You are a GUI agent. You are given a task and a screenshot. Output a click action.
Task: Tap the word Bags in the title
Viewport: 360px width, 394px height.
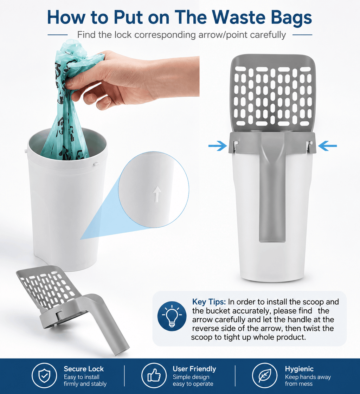(291, 18)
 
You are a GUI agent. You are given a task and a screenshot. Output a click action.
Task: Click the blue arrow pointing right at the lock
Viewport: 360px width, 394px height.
(218, 146)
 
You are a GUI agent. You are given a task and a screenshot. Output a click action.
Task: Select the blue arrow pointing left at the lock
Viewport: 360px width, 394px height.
(327, 146)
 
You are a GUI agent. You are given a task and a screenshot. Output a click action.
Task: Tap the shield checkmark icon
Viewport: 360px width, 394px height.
(44, 375)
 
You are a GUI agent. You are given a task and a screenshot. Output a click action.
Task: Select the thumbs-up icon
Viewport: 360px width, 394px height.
(154, 375)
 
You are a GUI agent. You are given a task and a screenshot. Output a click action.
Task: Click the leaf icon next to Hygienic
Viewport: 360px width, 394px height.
(265, 375)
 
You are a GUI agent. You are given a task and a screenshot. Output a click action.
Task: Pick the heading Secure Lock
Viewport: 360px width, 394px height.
(84, 369)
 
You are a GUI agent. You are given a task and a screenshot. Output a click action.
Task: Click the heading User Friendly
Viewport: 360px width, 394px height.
(194, 369)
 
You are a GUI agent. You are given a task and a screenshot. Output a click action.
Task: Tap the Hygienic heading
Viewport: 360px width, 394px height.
(299, 369)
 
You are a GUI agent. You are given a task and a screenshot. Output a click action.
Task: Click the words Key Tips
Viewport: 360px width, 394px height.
(209, 302)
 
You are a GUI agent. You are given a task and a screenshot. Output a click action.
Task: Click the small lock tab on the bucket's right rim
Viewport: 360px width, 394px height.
(96, 164)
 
